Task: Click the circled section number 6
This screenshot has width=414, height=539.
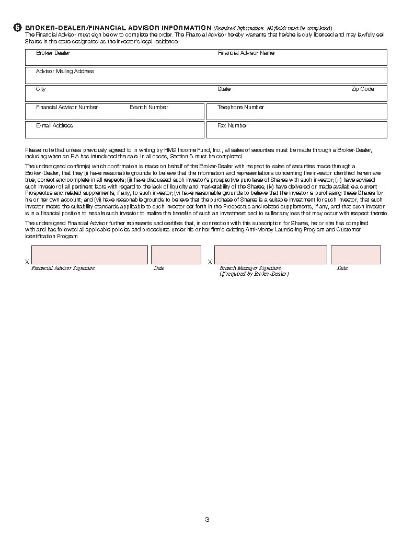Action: coord(18,28)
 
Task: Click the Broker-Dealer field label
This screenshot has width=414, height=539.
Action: coord(53,53)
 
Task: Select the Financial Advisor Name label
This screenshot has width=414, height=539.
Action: coord(246,53)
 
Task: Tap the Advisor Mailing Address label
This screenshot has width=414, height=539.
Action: coord(65,72)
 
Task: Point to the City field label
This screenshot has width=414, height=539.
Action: coord(41,89)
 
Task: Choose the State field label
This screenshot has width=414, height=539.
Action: coord(224,89)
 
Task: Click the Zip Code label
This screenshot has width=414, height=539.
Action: coord(363,89)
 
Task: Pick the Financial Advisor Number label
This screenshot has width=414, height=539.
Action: coord(67,108)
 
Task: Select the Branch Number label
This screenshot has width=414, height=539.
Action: coord(149,108)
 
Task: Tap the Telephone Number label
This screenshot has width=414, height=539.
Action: coord(240,108)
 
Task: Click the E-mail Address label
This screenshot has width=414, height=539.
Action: coord(54,126)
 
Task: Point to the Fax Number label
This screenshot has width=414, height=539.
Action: coord(232,126)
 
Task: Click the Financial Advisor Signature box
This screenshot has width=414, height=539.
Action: coord(89,255)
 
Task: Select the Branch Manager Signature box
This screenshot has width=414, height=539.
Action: coord(270,255)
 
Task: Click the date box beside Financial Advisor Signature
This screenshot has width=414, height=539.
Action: coord(176,255)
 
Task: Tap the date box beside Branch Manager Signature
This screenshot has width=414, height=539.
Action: coord(355,255)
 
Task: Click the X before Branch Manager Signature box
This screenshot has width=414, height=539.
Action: coord(210,262)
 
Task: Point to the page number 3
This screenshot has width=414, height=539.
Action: coord(207,520)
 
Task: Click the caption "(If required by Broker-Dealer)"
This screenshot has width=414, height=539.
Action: coord(254,274)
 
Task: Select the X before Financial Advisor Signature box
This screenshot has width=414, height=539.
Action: coord(27,262)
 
